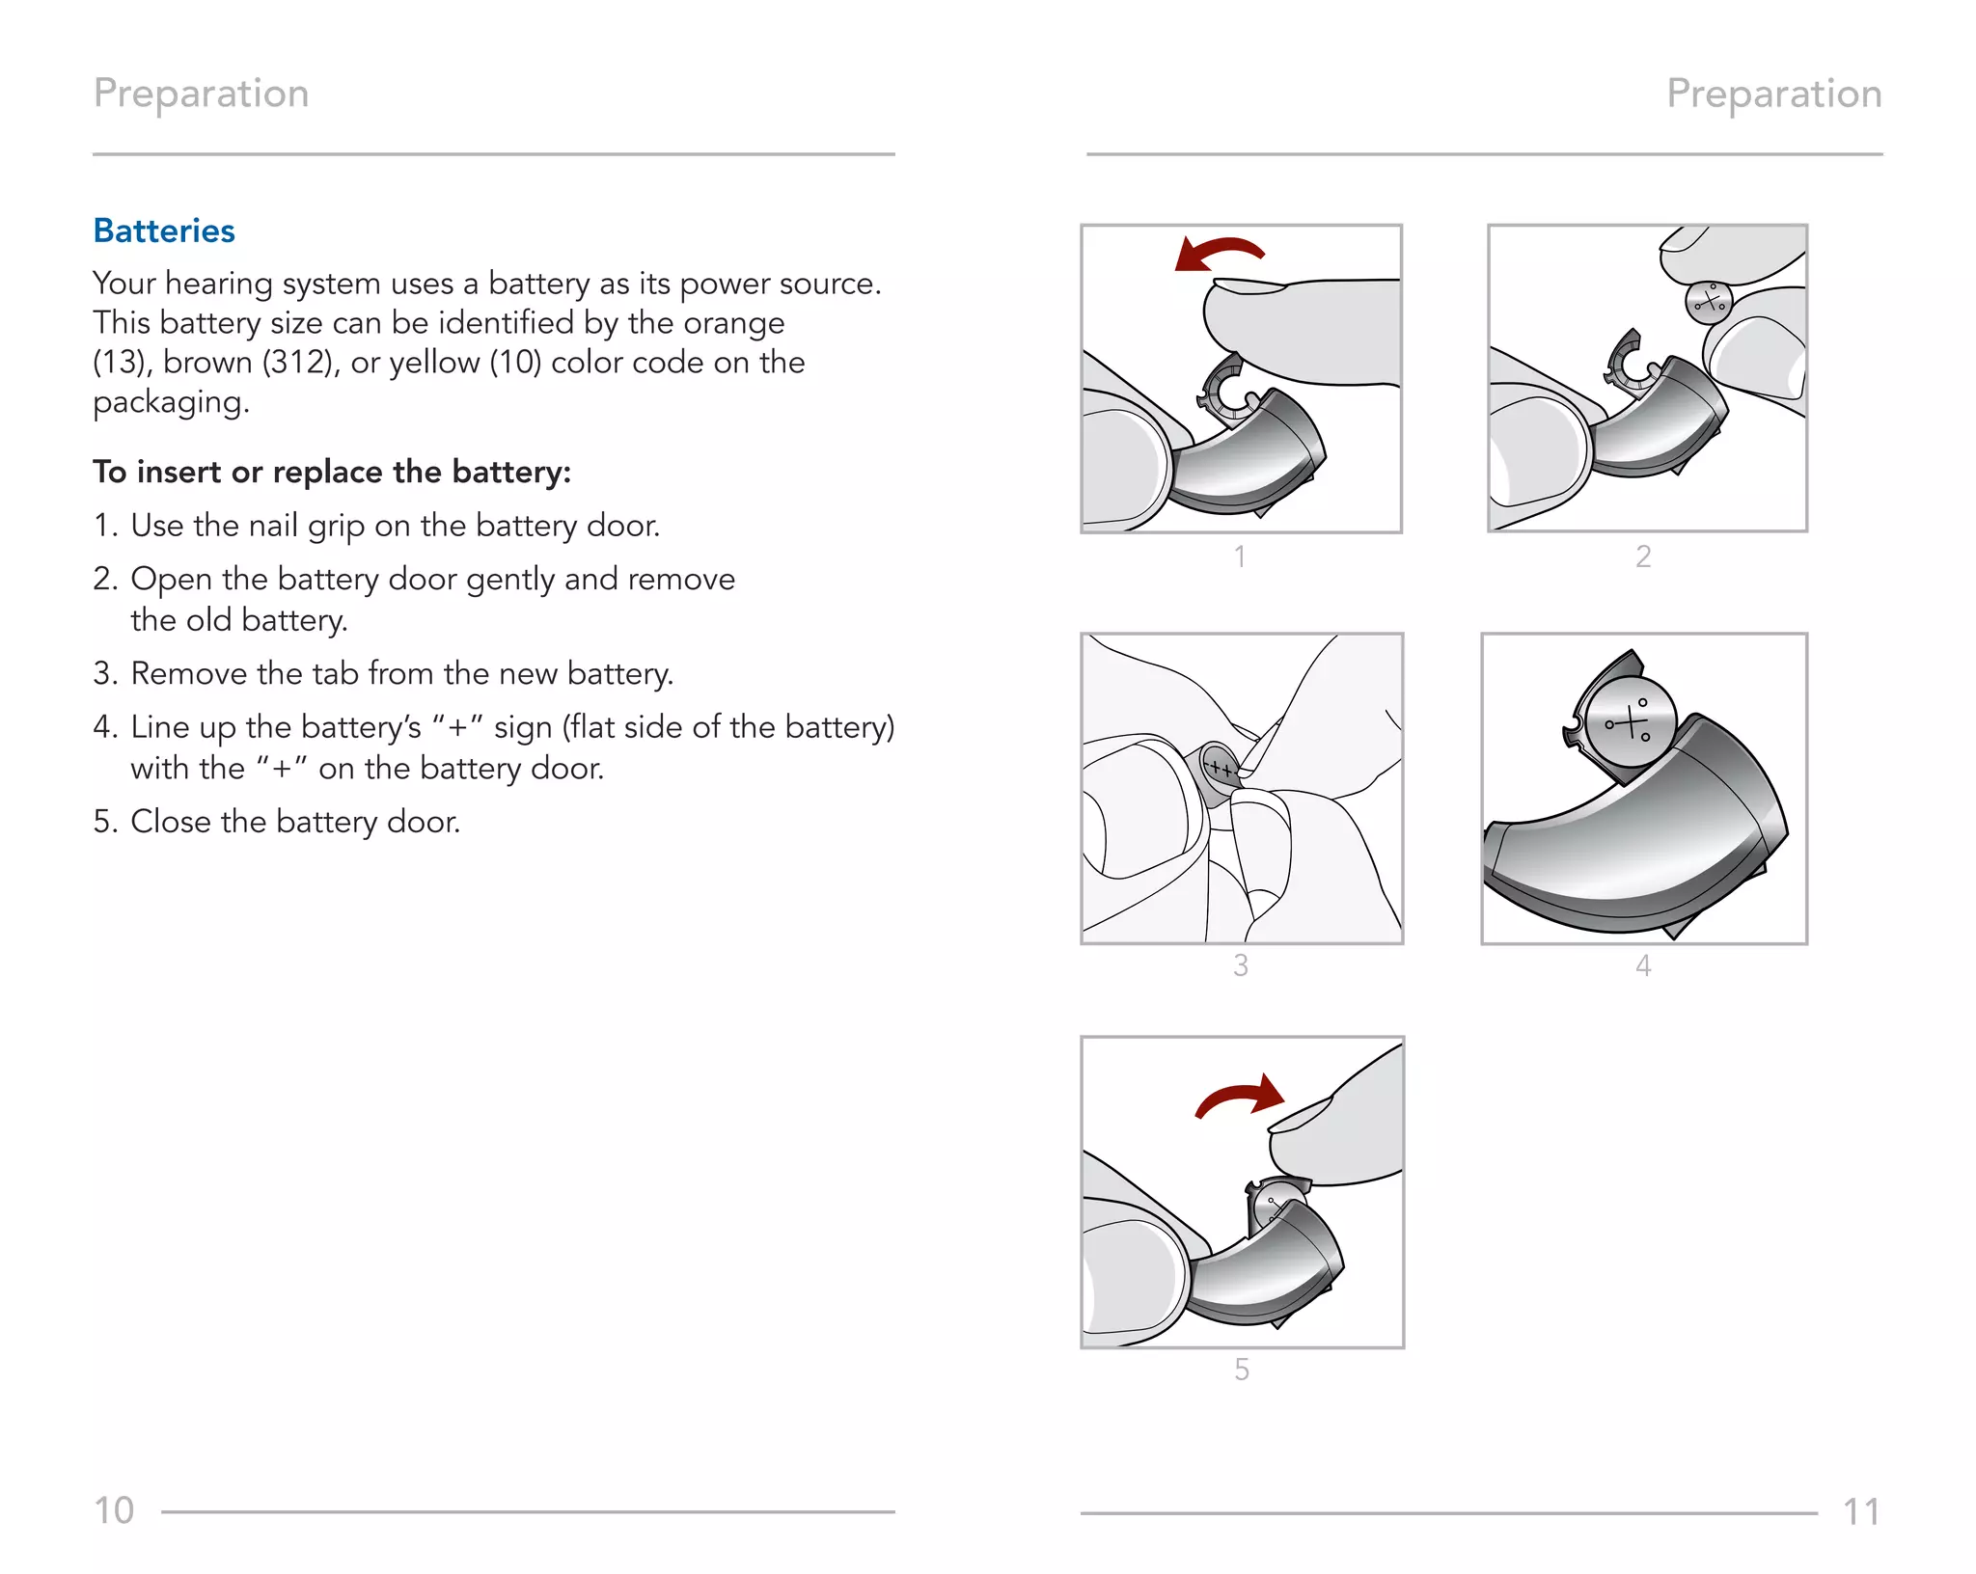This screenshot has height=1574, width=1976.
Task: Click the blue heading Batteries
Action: [164, 231]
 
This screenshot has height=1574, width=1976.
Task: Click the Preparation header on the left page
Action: [201, 94]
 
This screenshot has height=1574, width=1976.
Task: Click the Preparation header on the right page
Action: [1773, 94]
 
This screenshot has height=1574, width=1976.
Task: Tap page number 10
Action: [114, 1510]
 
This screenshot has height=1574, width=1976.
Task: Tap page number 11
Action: [1861, 1511]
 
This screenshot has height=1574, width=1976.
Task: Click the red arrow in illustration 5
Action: [1242, 1097]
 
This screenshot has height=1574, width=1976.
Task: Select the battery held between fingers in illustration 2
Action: [1708, 302]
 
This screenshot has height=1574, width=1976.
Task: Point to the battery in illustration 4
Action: [1632, 720]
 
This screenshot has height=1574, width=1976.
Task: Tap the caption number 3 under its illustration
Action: [1241, 965]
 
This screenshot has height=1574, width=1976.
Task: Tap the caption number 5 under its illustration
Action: [1242, 1370]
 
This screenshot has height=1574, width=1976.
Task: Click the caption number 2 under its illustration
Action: [1643, 556]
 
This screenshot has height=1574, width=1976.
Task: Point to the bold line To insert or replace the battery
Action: [332, 472]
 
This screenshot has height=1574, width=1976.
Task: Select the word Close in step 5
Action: [171, 822]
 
